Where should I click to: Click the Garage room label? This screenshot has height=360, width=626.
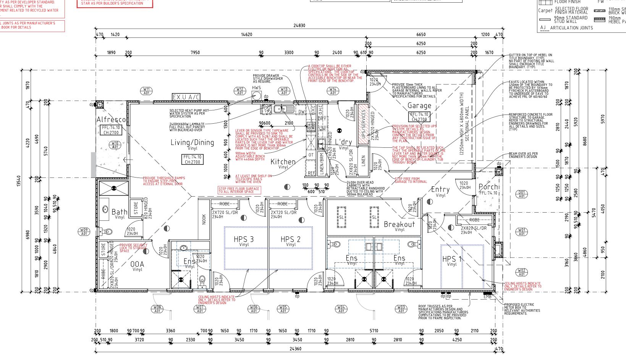tap(419, 105)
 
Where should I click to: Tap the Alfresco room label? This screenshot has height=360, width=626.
tap(111, 120)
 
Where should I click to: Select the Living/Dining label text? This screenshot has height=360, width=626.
tap(192, 142)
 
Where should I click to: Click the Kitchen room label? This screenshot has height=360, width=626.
tap(283, 162)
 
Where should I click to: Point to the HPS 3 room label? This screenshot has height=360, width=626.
tap(244, 239)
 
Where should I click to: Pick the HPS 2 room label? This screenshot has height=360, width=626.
tap(290, 239)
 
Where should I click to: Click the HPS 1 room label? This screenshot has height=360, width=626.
tap(452, 259)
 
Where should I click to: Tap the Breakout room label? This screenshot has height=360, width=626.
tap(399, 224)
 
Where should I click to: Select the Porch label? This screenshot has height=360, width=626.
tap(489, 187)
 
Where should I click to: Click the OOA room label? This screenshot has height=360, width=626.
tap(137, 264)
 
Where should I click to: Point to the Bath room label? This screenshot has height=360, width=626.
tap(120, 212)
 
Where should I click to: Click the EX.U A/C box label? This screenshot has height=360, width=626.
tap(186, 97)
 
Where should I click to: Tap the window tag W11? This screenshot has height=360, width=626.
tap(147, 91)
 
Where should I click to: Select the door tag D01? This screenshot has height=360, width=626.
tap(522, 194)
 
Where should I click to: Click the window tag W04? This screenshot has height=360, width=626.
tap(341, 309)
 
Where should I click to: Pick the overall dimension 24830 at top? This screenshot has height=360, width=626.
tap(299, 26)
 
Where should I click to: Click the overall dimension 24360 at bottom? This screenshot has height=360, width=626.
tap(295, 349)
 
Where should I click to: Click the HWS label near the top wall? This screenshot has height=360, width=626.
tap(256, 88)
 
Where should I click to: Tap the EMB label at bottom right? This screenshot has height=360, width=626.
tap(487, 296)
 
